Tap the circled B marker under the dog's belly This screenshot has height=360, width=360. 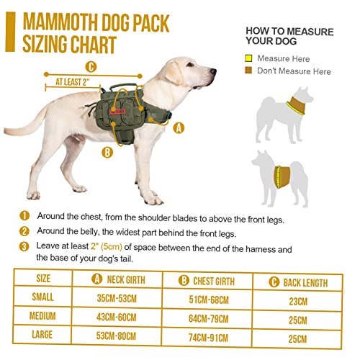[x=107, y=152]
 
